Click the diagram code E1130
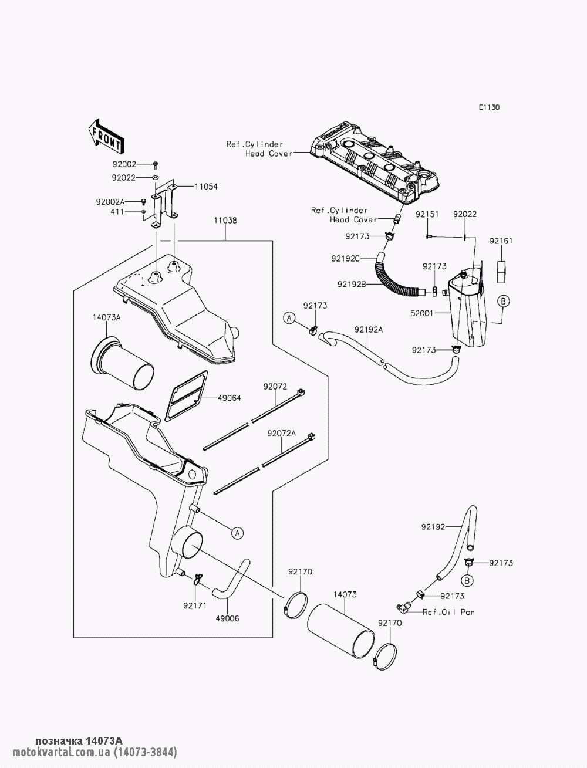click(x=490, y=107)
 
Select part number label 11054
click(x=206, y=187)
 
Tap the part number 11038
click(x=226, y=221)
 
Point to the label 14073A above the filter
click(x=106, y=317)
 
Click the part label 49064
click(x=230, y=398)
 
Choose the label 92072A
click(x=281, y=434)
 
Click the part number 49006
click(x=228, y=618)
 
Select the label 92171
click(x=195, y=605)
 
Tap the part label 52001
click(x=422, y=313)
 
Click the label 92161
click(x=501, y=241)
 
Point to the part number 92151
click(x=427, y=214)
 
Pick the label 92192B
click(x=352, y=285)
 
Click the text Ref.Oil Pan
click(x=448, y=612)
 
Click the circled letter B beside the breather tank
click(x=503, y=301)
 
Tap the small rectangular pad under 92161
click(x=501, y=272)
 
